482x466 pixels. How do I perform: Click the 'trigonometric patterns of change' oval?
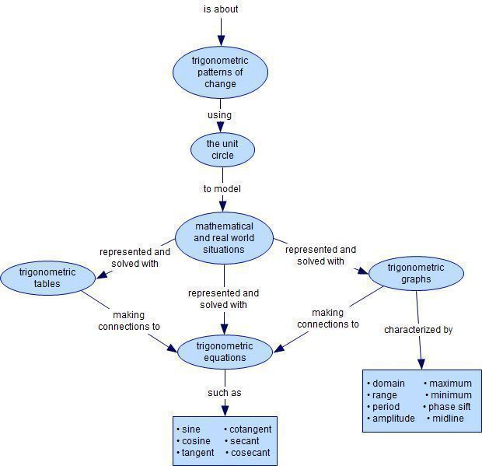(x=220, y=72)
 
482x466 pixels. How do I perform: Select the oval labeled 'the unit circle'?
(x=222, y=149)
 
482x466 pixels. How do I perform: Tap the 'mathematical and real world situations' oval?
(x=224, y=238)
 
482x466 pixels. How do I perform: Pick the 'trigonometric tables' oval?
(x=47, y=278)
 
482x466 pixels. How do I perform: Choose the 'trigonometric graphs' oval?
(x=416, y=273)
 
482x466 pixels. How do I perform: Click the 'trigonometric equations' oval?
(x=225, y=352)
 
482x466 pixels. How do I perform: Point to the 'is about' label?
(x=221, y=9)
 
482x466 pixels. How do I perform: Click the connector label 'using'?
(x=219, y=115)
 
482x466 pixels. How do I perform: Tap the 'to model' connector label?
(x=222, y=188)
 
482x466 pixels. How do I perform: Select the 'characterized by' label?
(x=418, y=330)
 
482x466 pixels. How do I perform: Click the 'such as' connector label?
(x=224, y=393)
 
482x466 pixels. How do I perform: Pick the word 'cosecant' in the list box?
(x=251, y=453)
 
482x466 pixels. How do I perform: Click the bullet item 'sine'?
(x=190, y=429)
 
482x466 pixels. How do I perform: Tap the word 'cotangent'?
(x=251, y=429)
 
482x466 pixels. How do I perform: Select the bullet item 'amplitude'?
(x=393, y=419)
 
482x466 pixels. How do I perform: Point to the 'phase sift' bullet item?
(x=449, y=407)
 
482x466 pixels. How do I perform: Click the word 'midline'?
(x=448, y=419)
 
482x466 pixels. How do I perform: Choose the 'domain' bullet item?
(x=389, y=384)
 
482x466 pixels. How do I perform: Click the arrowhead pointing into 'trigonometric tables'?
(x=101, y=275)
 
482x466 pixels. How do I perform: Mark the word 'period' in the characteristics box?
(x=386, y=407)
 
